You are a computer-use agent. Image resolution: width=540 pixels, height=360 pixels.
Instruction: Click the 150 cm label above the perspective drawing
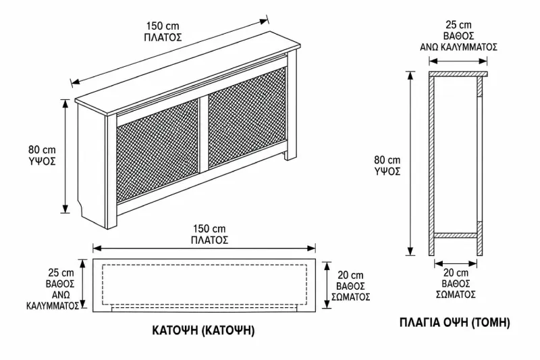(163, 26)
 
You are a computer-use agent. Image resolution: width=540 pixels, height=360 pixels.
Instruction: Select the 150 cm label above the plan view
(209, 229)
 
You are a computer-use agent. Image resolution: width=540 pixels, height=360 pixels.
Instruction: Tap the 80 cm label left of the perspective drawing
(42, 150)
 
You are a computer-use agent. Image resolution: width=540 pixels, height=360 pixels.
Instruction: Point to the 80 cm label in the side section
(387, 160)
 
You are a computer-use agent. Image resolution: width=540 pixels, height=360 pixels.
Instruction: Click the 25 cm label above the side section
(458, 25)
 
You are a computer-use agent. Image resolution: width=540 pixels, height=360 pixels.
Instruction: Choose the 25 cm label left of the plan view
(61, 272)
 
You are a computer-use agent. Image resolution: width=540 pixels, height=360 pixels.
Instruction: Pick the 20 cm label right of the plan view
(350, 275)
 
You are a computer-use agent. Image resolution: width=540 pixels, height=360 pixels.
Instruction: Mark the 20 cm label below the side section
(456, 273)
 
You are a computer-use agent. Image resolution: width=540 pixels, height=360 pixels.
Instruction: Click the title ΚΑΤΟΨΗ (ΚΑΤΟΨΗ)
(204, 330)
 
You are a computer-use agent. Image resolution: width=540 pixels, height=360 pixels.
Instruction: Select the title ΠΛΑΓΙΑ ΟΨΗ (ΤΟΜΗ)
(455, 323)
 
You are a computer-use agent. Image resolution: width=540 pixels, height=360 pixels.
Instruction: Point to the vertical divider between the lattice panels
(204, 132)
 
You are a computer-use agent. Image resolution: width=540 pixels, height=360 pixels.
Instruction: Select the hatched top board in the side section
(458, 74)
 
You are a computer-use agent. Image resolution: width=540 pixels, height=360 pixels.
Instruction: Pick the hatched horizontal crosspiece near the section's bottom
(455, 236)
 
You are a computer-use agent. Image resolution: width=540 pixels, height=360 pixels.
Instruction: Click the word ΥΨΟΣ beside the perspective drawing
(42, 161)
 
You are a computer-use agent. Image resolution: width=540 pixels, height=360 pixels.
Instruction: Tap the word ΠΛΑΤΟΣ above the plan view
(209, 240)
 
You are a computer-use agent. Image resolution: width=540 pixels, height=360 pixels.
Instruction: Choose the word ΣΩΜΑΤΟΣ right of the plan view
(350, 297)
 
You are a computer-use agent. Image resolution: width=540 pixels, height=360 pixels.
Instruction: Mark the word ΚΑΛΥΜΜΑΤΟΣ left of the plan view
(53, 306)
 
